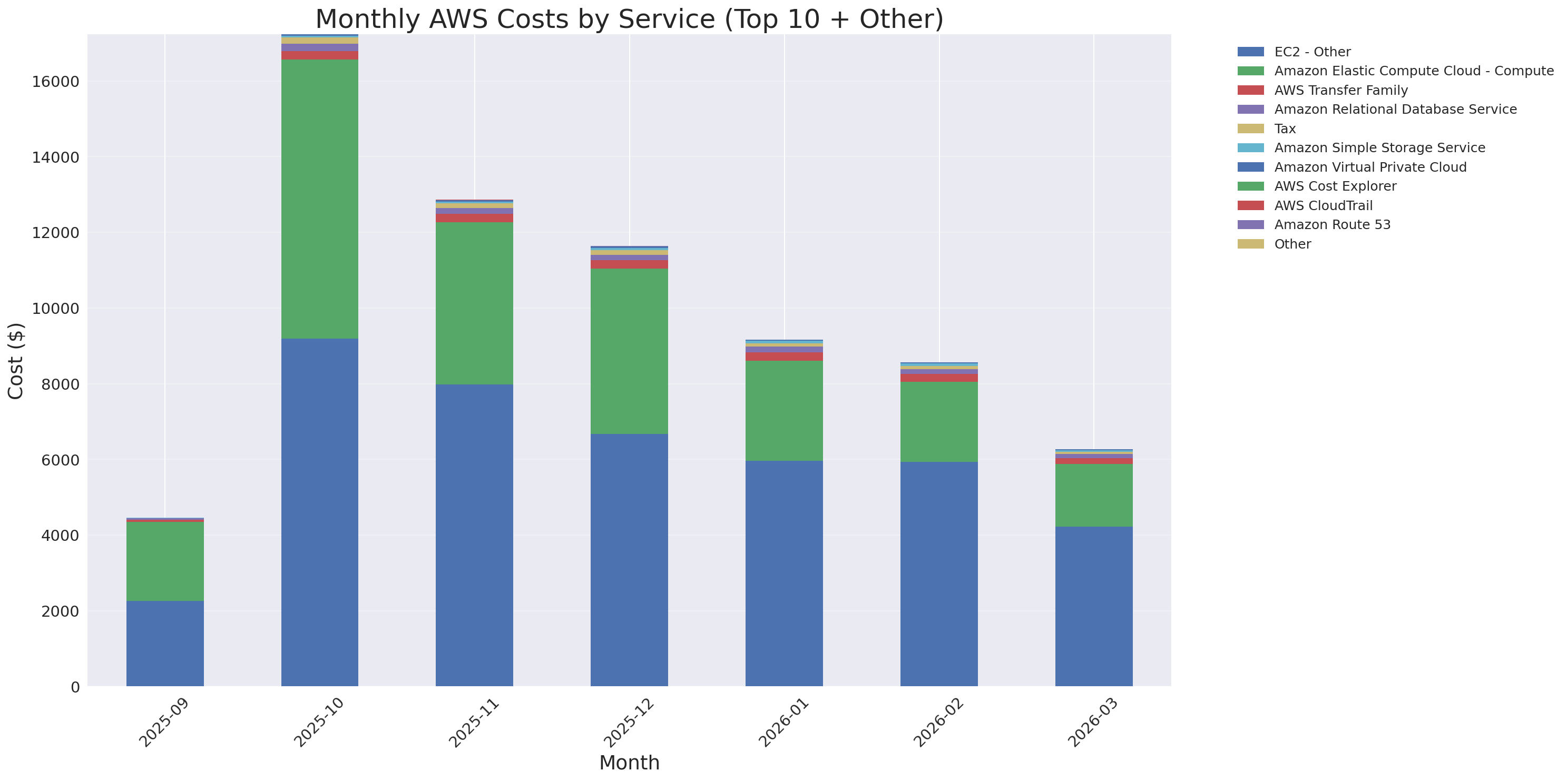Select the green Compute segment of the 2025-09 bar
(x=165, y=561)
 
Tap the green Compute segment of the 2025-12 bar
(x=629, y=351)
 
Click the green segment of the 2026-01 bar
(x=784, y=410)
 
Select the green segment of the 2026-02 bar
(x=938, y=421)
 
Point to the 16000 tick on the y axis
(x=55, y=82)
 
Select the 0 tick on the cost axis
(x=75, y=687)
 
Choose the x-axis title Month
(x=629, y=762)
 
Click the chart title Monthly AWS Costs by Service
(x=629, y=19)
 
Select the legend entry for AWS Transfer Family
(x=1341, y=91)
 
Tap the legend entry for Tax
(x=1285, y=129)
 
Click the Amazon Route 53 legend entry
(x=1332, y=225)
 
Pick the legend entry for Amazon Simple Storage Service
(x=1379, y=147)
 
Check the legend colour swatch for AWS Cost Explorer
(x=1250, y=186)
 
